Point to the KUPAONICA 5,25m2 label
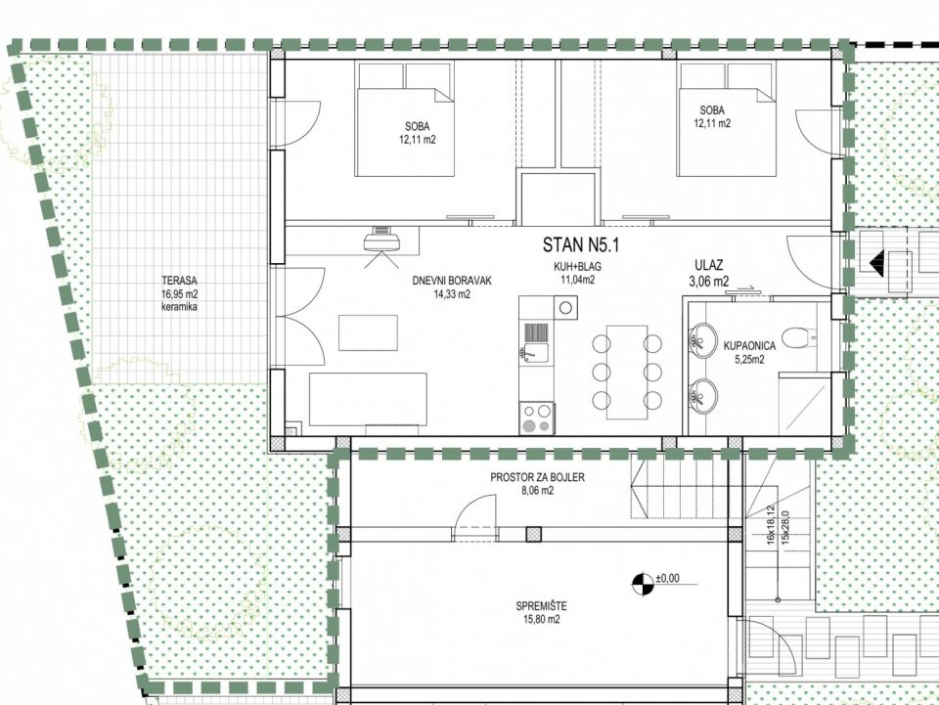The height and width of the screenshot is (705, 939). (x=749, y=352)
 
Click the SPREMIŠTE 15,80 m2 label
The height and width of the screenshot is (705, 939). (x=541, y=613)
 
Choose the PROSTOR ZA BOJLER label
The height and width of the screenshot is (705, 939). (x=537, y=477)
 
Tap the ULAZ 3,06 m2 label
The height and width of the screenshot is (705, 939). (x=709, y=273)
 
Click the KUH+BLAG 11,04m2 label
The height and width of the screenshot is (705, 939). (x=578, y=273)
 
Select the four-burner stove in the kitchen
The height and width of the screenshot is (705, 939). (x=537, y=418)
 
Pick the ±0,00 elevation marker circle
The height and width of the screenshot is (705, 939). (x=643, y=584)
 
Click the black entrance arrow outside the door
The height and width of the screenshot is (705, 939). (x=876, y=263)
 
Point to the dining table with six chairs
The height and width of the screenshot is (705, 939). (x=627, y=372)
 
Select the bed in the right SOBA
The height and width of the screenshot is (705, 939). (x=727, y=119)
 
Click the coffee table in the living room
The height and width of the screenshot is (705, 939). (x=368, y=332)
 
